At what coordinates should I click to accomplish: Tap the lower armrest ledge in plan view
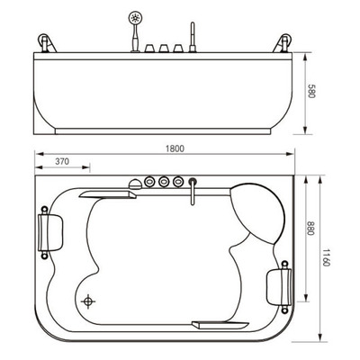point(220,325)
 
